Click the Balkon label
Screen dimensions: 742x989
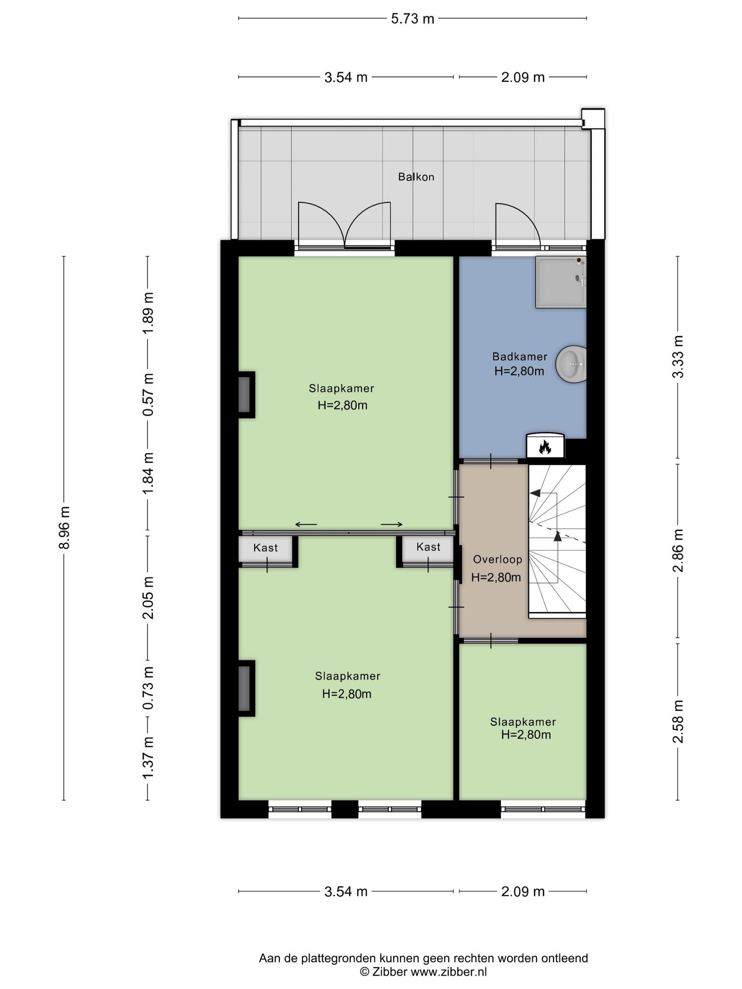(x=416, y=177)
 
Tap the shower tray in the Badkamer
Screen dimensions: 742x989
(x=561, y=282)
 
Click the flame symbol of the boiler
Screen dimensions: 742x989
(x=545, y=447)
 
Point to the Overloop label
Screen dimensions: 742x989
(x=498, y=560)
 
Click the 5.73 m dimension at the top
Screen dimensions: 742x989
(x=413, y=19)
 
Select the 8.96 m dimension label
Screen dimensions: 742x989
(x=64, y=527)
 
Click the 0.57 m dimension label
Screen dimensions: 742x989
(x=148, y=395)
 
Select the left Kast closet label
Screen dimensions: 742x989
(x=266, y=548)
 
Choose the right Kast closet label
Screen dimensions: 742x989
(x=428, y=547)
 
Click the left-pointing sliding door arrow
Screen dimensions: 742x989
(x=306, y=524)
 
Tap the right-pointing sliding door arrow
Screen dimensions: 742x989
(x=392, y=524)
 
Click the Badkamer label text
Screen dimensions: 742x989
(x=520, y=357)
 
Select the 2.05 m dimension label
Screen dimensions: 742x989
(x=148, y=598)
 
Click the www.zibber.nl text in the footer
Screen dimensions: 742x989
(x=449, y=972)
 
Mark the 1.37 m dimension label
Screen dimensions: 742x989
(x=148, y=757)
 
